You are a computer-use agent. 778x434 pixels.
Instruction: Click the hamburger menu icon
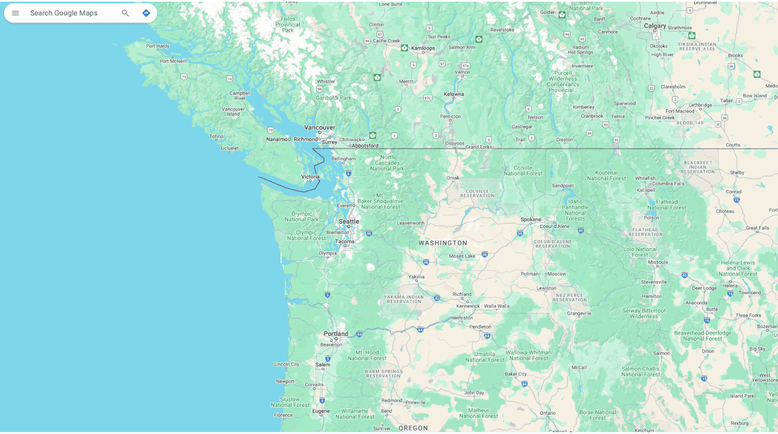15,13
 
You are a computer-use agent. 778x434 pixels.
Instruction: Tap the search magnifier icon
125,13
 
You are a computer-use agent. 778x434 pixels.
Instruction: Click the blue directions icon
146,13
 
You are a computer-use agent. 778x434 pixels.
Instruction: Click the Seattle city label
348,221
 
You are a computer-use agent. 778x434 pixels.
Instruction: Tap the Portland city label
336,334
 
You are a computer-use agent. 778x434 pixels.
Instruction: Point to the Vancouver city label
319,128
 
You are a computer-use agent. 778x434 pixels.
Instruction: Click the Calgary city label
655,25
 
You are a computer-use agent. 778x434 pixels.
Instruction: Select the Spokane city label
531,219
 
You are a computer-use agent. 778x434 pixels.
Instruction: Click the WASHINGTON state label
443,243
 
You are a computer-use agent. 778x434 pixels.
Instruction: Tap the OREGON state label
413,428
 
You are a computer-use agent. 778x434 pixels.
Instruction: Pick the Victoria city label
310,177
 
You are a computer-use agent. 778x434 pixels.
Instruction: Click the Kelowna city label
453,94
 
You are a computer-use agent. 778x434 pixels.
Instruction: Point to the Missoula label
658,262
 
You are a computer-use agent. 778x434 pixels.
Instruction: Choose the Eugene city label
321,411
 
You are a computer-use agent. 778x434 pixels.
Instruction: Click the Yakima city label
416,277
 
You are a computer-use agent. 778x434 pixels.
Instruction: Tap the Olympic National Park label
301,216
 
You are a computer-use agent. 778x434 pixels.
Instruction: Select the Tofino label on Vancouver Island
216,136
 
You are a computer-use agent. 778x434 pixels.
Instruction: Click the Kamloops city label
423,48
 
